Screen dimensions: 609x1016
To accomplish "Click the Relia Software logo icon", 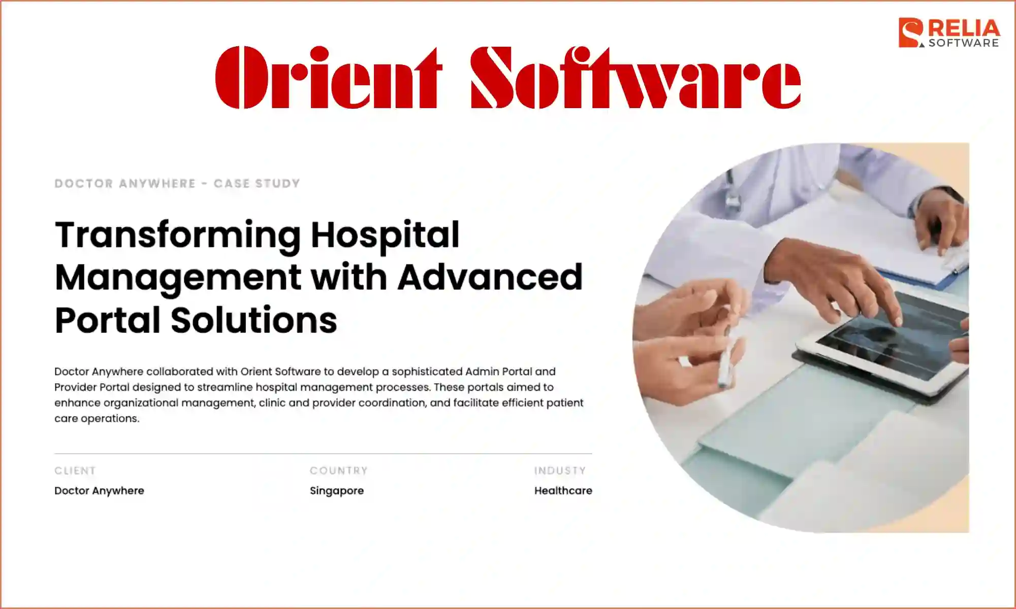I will (x=911, y=33).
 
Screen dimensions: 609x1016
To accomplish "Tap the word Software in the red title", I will (x=636, y=77).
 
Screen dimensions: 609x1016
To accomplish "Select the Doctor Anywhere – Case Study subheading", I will (x=177, y=183).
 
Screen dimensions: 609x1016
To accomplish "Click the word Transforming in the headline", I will (x=178, y=235).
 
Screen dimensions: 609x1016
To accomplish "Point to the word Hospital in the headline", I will (x=385, y=235).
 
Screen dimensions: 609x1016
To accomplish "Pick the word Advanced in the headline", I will (x=490, y=278).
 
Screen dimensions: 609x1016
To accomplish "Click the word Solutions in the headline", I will (x=253, y=320).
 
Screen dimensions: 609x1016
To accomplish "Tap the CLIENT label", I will (x=75, y=470).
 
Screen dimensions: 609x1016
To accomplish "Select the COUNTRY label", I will (x=338, y=470).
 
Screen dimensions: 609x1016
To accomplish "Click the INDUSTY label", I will (x=560, y=470).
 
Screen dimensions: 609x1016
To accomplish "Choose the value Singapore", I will (x=337, y=491).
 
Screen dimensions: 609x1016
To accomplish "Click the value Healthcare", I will (x=563, y=491).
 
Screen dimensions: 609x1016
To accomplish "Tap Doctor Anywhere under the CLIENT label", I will (x=99, y=491).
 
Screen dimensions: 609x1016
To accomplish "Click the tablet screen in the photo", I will (x=889, y=335).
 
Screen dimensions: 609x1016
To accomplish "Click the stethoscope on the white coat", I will (x=732, y=193).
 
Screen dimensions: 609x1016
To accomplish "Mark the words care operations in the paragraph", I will (x=97, y=419).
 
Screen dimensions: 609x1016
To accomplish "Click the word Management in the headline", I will (x=178, y=278).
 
